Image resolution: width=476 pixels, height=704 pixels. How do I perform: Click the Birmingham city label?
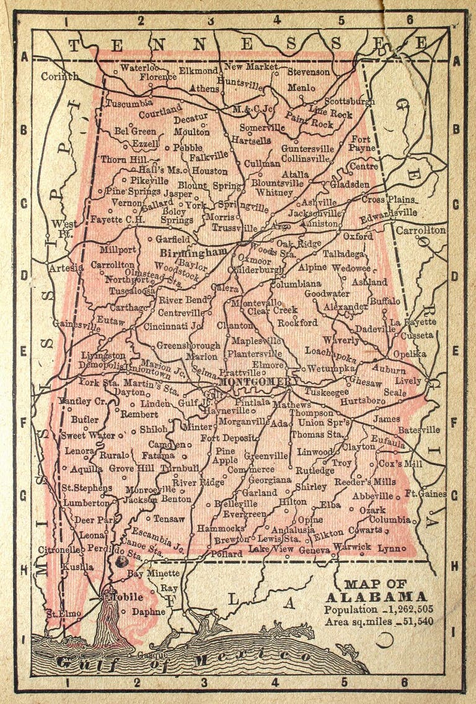coord(193,253)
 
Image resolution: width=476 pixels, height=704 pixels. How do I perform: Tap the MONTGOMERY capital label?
coord(255,382)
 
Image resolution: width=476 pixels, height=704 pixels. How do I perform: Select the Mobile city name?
coord(126,597)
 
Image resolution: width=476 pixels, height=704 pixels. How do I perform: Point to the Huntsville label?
coord(240,81)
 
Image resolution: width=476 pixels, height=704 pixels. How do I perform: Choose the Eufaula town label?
coord(387,444)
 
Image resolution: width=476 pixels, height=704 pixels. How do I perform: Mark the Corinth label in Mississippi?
coord(59,76)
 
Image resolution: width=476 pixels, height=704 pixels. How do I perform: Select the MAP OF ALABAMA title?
coord(376,591)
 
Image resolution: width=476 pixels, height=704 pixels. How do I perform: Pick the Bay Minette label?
coord(153,573)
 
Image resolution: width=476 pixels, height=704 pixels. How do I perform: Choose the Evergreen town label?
coord(244,514)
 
